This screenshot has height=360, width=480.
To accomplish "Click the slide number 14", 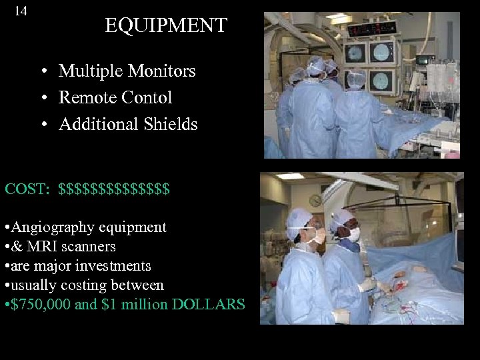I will (21, 11).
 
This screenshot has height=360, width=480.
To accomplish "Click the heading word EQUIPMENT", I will (166, 26).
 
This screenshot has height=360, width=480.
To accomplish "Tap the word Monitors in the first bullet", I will (163, 71).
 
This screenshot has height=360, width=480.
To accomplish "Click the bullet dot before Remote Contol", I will (43, 98).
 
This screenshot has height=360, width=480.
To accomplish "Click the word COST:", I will (27, 189).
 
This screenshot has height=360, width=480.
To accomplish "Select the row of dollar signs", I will (114, 189).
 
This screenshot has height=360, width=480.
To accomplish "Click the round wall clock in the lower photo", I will (316, 201).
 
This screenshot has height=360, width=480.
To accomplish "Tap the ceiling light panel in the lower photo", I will (290, 177).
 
